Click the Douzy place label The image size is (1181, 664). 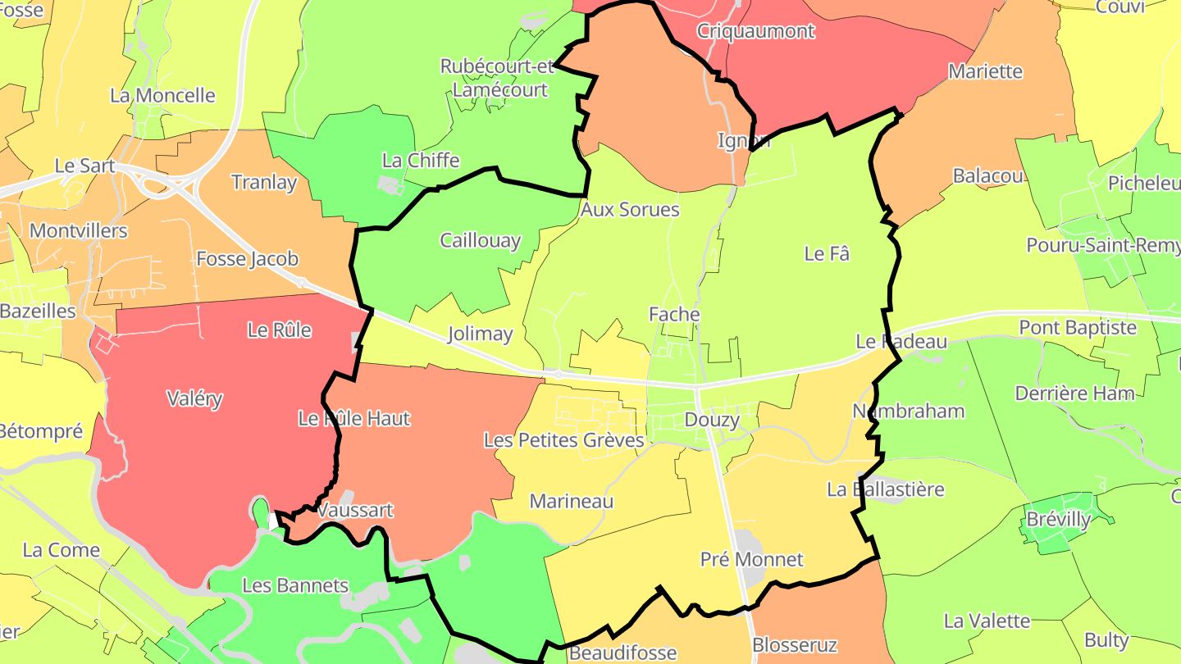pos(712,421)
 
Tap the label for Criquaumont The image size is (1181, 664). pos(755,31)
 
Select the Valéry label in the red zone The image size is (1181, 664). pos(194,399)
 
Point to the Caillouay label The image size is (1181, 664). pos(480,240)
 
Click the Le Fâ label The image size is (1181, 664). pos(826,254)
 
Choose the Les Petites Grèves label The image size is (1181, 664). pos(564,440)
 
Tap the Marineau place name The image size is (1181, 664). pos(572,501)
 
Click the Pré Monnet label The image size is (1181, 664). pos(751,560)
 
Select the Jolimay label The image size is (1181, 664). pos(480,334)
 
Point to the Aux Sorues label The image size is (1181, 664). pos(630,210)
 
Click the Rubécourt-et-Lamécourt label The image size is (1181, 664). pos(499,78)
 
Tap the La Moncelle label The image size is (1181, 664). pos(162,96)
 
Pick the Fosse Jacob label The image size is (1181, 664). pos(247,259)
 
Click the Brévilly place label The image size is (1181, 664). pos(1059,520)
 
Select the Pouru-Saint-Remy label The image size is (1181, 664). pos(1102,246)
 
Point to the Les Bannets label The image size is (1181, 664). pos(295,586)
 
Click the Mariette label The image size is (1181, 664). pos(985,72)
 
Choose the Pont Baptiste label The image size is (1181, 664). pos(1078,328)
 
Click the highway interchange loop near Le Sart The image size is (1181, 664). pos(164,185)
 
